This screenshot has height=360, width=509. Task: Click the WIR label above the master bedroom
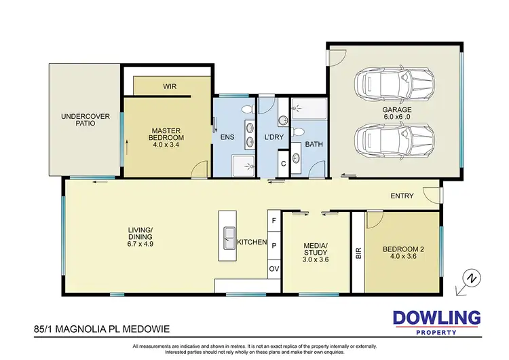pos(169,86)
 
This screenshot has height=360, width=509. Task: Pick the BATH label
pos(313,144)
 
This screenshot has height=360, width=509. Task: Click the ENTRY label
pos(402,196)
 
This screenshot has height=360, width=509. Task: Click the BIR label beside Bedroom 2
pos(358,253)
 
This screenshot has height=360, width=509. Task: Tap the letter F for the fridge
pos(274,221)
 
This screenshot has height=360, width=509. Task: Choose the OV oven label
pos(274,269)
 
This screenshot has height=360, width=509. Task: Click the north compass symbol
pos(468,279)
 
